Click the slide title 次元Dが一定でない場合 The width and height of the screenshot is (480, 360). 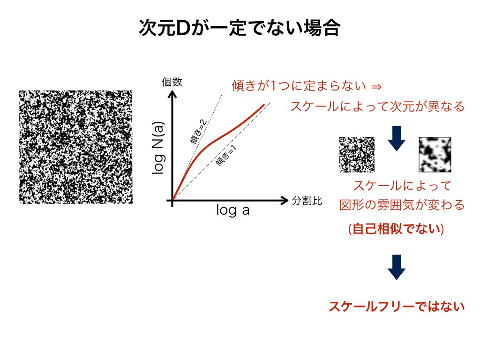click(x=240, y=28)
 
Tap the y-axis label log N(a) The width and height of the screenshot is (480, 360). click(x=158, y=148)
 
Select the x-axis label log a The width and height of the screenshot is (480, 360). click(x=232, y=210)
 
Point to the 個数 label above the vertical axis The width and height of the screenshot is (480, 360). click(x=172, y=82)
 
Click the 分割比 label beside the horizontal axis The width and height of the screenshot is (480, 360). click(x=307, y=201)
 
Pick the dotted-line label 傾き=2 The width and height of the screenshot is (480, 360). click(x=198, y=132)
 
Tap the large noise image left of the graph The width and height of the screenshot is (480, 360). click(x=75, y=147)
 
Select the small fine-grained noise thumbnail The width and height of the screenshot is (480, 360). click(x=357, y=155)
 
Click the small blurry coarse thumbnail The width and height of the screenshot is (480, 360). click(x=435, y=155)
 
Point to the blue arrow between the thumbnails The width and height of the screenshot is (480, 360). click(x=397, y=138)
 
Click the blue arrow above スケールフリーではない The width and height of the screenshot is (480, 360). click(x=397, y=267)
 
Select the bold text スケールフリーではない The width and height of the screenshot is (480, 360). click(x=397, y=307)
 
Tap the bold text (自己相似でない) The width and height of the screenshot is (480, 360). click(x=396, y=229)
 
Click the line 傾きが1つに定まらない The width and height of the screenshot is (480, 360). click(x=299, y=86)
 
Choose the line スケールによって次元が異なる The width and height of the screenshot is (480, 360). click(x=377, y=106)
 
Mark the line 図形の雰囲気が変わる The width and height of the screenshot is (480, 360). click(x=402, y=205)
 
